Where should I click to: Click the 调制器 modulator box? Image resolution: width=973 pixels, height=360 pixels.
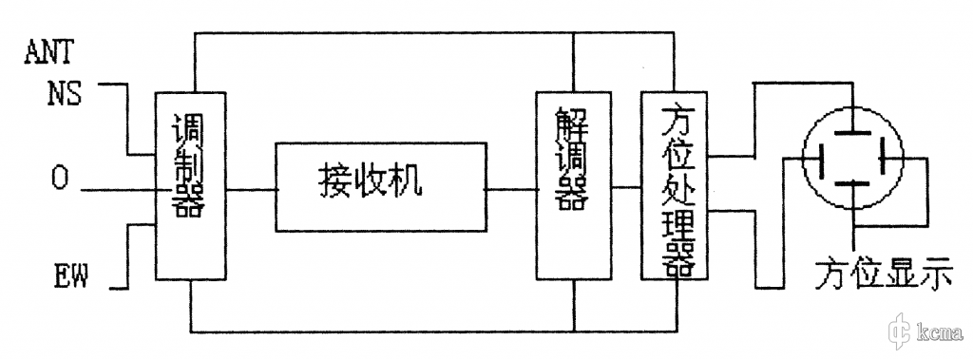pyautogui.click(x=190, y=185)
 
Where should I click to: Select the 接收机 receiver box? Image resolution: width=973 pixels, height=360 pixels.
pyautogui.click(x=380, y=186)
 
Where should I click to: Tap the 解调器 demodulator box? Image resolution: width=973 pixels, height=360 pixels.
pyautogui.click(x=572, y=185)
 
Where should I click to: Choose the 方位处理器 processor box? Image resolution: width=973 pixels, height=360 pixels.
pyautogui.click(x=677, y=185)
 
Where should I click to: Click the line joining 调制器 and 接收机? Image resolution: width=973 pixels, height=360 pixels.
pyautogui.click(x=251, y=189)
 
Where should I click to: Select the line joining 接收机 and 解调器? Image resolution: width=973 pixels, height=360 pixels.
pyautogui.click(x=510, y=189)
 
